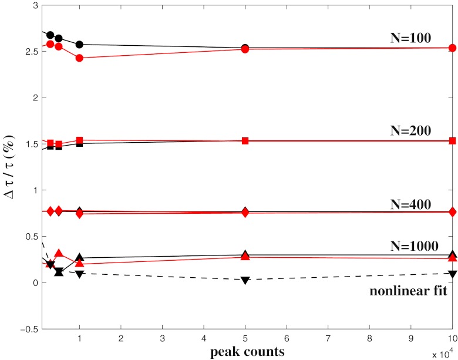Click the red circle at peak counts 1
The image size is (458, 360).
point(79,58)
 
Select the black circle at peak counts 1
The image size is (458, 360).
point(79,45)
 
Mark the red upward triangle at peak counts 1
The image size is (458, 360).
point(79,264)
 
